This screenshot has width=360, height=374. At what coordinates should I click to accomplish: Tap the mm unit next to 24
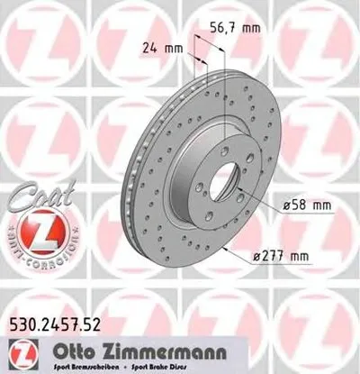coord(174,45)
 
